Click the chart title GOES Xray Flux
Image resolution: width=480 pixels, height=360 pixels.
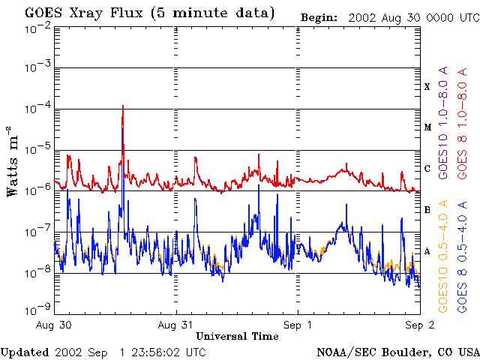83,13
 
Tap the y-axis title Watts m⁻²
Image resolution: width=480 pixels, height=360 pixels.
13,161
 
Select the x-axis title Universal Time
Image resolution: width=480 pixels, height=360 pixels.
237,337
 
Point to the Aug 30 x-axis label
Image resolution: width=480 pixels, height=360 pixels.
54,325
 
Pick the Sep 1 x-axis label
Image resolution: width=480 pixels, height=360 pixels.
298,325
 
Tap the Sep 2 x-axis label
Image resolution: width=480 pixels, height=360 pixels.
420,325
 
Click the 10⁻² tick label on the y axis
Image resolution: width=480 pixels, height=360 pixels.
38,30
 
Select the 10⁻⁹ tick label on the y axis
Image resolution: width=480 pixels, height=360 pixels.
38,310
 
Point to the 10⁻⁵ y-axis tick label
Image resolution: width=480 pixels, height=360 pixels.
38,149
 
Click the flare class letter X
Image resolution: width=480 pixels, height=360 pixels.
427,87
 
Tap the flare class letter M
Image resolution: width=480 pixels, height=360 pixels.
427,127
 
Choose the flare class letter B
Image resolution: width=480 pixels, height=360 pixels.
427,210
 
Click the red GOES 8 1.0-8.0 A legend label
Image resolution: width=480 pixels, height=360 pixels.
462,123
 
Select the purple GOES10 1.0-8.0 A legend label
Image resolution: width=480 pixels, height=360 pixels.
443,122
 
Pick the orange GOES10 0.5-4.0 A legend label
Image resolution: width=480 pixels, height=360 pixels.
443,256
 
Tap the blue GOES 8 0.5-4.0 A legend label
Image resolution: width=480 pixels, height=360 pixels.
462,256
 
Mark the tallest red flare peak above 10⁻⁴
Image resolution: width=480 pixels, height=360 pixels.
123,106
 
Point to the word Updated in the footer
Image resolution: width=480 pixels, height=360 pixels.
25,352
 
